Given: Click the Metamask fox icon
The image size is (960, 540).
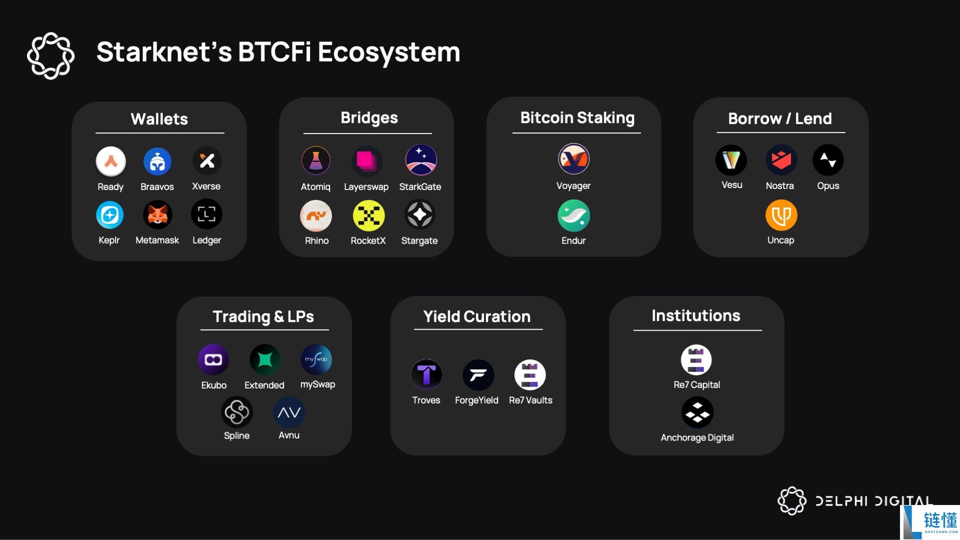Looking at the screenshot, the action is tap(157, 215).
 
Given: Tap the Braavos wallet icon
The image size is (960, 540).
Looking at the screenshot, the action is tap(157, 161).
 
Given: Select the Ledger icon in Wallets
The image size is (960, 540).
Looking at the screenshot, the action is tap(206, 214).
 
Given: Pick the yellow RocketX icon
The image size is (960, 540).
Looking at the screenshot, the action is tap(368, 215).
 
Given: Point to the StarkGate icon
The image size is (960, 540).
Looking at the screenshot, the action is tap(421, 160).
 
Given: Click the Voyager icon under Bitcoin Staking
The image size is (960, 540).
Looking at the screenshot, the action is tap(573, 159).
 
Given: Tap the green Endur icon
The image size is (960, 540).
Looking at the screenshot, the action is tap(573, 215).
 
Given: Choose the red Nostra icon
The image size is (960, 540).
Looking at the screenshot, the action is tap(781, 160).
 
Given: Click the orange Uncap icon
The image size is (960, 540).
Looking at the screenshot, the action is tap(781, 215).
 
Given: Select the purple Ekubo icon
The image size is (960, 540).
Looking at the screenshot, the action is tap(213, 359).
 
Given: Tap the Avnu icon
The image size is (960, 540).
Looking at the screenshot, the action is tap(289, 412).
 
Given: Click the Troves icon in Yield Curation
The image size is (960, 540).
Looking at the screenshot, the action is tap(426, 374).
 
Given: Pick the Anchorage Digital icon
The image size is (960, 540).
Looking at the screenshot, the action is tap(697, 412).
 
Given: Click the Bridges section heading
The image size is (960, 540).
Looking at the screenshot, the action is tap(369, 118).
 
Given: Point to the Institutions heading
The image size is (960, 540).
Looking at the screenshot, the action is tap(696, 315).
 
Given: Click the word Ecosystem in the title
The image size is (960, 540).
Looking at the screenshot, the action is tap(389, 52).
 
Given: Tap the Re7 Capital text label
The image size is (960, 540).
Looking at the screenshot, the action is tap(697, 384).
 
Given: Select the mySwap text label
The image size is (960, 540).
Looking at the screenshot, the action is tap(317, 384).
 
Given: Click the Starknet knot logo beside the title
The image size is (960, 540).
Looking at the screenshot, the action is tap(50, 55).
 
